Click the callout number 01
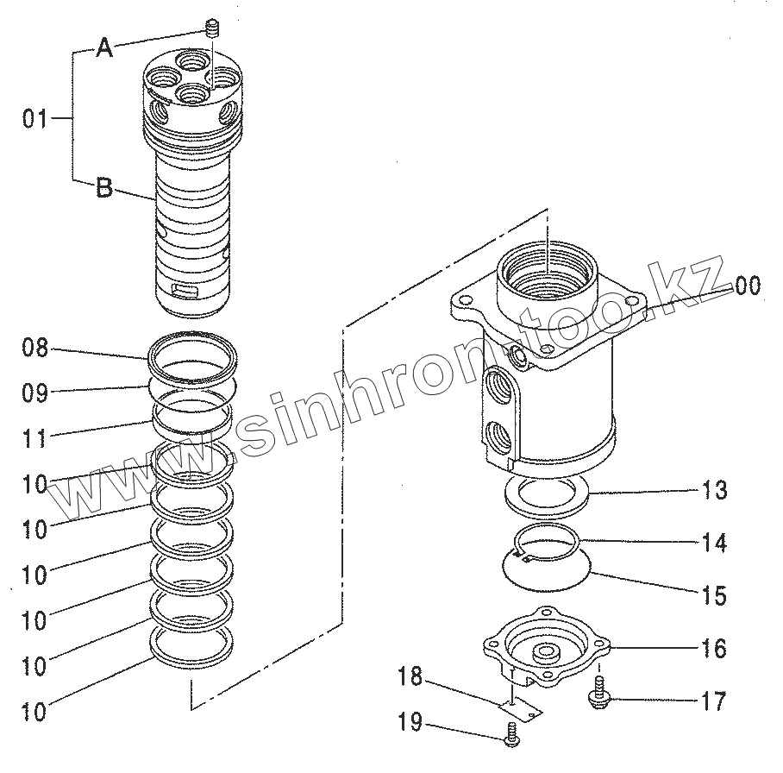point(35,119)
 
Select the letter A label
point(104,49)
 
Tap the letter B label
point(104,188)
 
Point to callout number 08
point(35,349)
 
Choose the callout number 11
point(35,439)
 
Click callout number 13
point(715,491)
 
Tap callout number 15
point(715,595)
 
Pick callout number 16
point(715,648)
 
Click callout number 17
point(713,701)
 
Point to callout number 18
point(410,677)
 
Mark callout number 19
point(410,723)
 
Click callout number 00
point(748,286)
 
